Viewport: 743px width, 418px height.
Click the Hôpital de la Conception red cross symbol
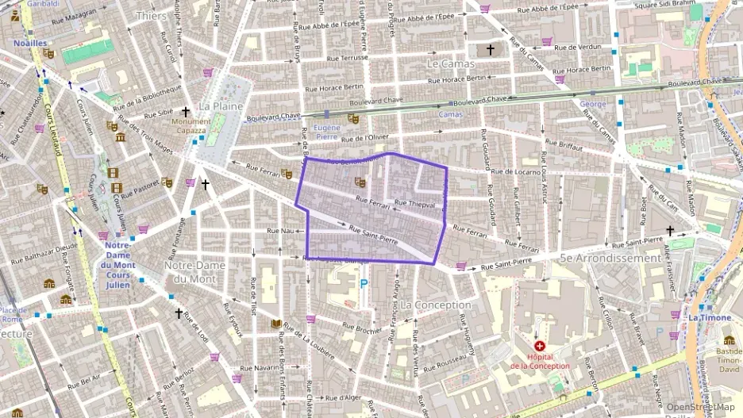coord(540,347)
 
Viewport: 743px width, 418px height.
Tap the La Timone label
coord(710,317)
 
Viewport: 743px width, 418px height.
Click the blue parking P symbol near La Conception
coord(364,283)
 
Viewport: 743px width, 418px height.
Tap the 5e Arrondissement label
coord(610,258)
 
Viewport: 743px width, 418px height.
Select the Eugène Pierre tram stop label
coord(327,132)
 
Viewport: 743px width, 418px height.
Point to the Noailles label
coord(30,44)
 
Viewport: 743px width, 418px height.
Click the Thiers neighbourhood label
coord(152,16)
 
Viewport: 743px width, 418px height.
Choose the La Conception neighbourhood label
coord(436,305)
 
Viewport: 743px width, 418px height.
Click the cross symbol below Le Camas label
coord(490,49)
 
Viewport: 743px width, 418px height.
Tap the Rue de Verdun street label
coord(578,48)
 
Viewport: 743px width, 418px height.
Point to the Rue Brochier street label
coord(364,328)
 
